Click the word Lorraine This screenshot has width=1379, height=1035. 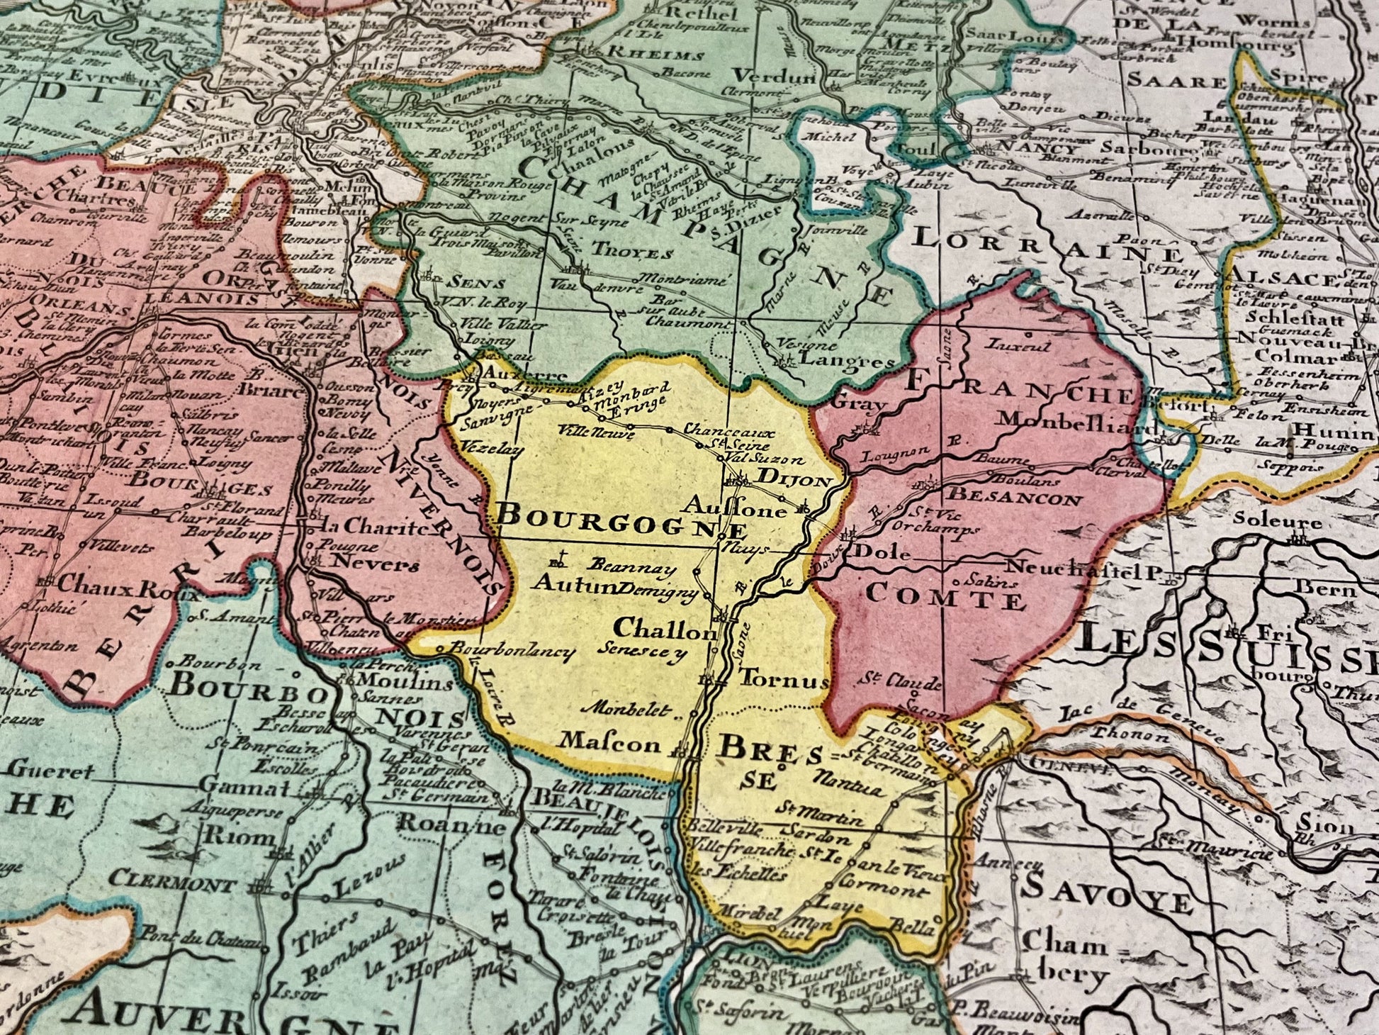tap(1046, 248)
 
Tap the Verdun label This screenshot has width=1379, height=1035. tap(774, 77)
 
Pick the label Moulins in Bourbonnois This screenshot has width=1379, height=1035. tap(405, 682)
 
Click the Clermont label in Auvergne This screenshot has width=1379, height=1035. tap(172, 885)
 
